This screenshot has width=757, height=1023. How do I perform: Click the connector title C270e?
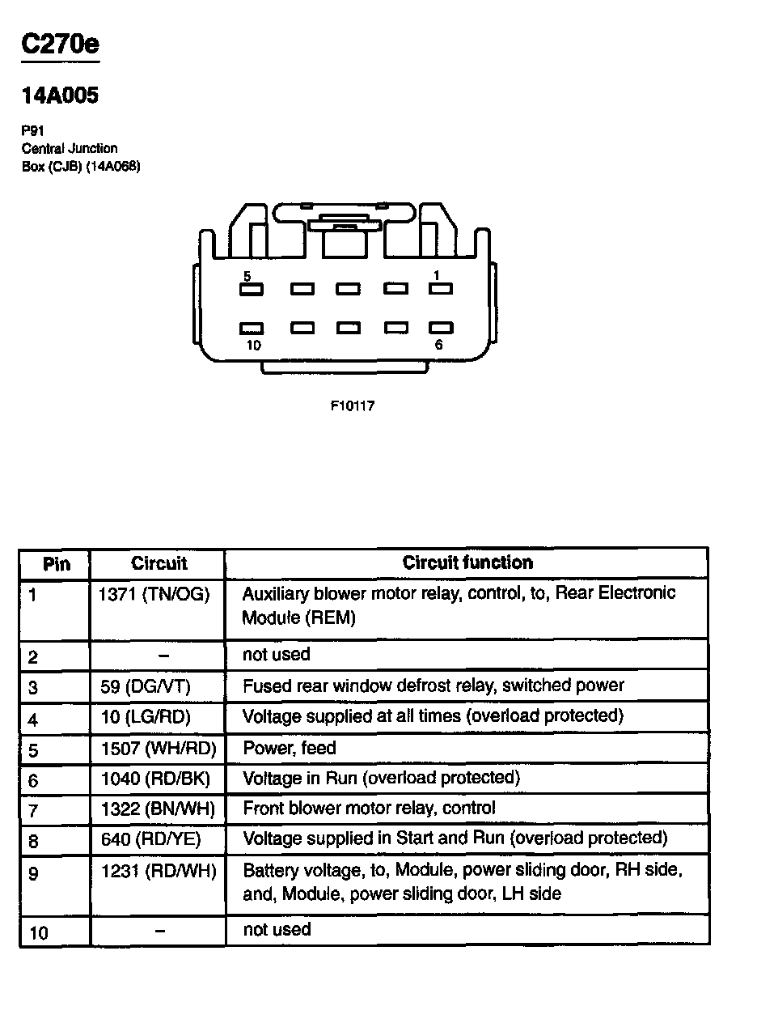[61, 44]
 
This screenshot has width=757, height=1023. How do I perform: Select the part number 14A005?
[61, 96]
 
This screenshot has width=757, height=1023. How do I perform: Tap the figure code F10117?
[353, 405]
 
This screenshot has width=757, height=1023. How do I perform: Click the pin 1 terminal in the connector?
[440, 289]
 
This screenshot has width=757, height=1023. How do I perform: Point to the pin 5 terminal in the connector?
[252, 289]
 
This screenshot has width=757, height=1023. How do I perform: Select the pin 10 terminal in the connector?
[252, 329]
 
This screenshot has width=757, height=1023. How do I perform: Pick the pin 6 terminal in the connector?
[440, 329]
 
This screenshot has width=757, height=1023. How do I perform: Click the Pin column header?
[56, 564]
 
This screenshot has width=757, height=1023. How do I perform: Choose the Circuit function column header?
[467, 562]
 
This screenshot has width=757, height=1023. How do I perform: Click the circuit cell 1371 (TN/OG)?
[154, 595]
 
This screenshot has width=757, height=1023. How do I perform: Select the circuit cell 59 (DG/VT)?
[146, 686]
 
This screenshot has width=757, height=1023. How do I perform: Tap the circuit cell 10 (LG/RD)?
[146, 716]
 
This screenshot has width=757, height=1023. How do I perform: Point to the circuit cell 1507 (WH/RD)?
[159, 748]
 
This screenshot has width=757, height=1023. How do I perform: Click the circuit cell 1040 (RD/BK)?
[155, 779]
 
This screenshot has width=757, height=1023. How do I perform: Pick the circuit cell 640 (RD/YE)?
[150, 838]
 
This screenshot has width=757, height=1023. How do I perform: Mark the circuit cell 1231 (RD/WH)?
[159, 872]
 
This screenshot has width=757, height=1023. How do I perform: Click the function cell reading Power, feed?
[290, 748]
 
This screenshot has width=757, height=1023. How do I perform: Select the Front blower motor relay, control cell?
[370, 808]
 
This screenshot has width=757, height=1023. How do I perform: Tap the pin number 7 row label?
[33, 811]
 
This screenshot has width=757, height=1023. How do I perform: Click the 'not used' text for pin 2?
[277, 654]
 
